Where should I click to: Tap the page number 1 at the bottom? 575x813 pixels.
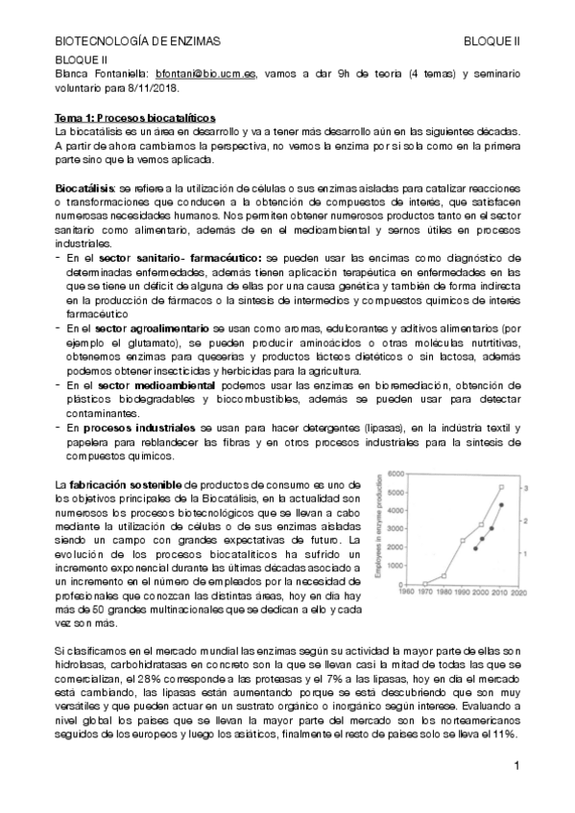[515, 766]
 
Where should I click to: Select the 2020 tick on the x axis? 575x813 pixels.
[517, 592]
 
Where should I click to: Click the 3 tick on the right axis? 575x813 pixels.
[526, 488]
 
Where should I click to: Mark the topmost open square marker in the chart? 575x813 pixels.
[501, 487]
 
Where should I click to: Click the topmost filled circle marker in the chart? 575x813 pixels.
[501, 505]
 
